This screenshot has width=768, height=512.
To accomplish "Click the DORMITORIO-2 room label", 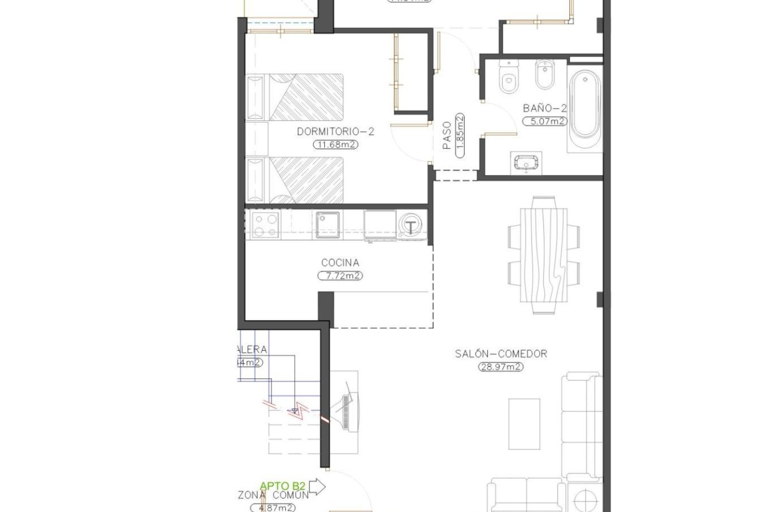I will click(335, 132).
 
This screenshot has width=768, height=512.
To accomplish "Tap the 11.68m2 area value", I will click(335, 145).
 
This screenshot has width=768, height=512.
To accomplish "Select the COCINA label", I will click(340, 263).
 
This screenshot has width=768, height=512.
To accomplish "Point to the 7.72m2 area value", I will click(340, 276).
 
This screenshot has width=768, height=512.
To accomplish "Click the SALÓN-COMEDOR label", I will click(501, 354).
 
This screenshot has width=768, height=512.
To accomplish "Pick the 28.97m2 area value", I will click(501, 367).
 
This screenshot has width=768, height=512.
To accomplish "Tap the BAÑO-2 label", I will click(545, 108).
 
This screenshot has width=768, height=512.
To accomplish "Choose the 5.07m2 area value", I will click(545, 121).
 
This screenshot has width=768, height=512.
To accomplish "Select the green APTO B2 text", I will click(283, 486).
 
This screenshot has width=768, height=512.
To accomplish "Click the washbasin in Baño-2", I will click(526, 163).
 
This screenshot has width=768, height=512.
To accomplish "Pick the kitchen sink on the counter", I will click(328, 224).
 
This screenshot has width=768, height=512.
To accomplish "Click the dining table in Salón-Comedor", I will click(544, 255).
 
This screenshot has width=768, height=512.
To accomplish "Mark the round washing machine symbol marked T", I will click(410, 226).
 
